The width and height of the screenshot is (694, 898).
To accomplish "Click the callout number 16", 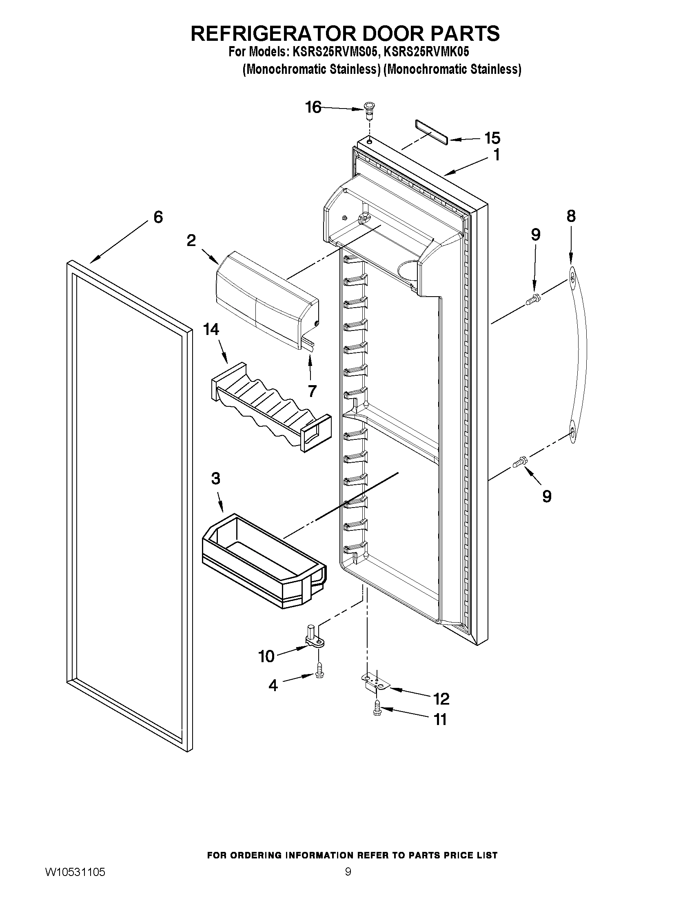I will point(313,107).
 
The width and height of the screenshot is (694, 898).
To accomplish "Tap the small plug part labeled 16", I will point(369,110).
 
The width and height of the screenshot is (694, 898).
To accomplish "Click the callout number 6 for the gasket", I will point(158,217).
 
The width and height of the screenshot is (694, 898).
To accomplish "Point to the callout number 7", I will point(312,391).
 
